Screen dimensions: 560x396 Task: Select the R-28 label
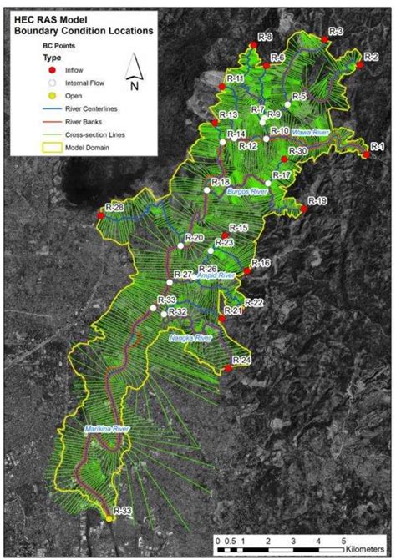(x=115, y=207)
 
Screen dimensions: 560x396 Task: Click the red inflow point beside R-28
(x=100, y=215)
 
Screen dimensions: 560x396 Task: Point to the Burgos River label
(x=246, y=192)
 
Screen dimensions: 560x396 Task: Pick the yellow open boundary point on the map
(x=109, y=519)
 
